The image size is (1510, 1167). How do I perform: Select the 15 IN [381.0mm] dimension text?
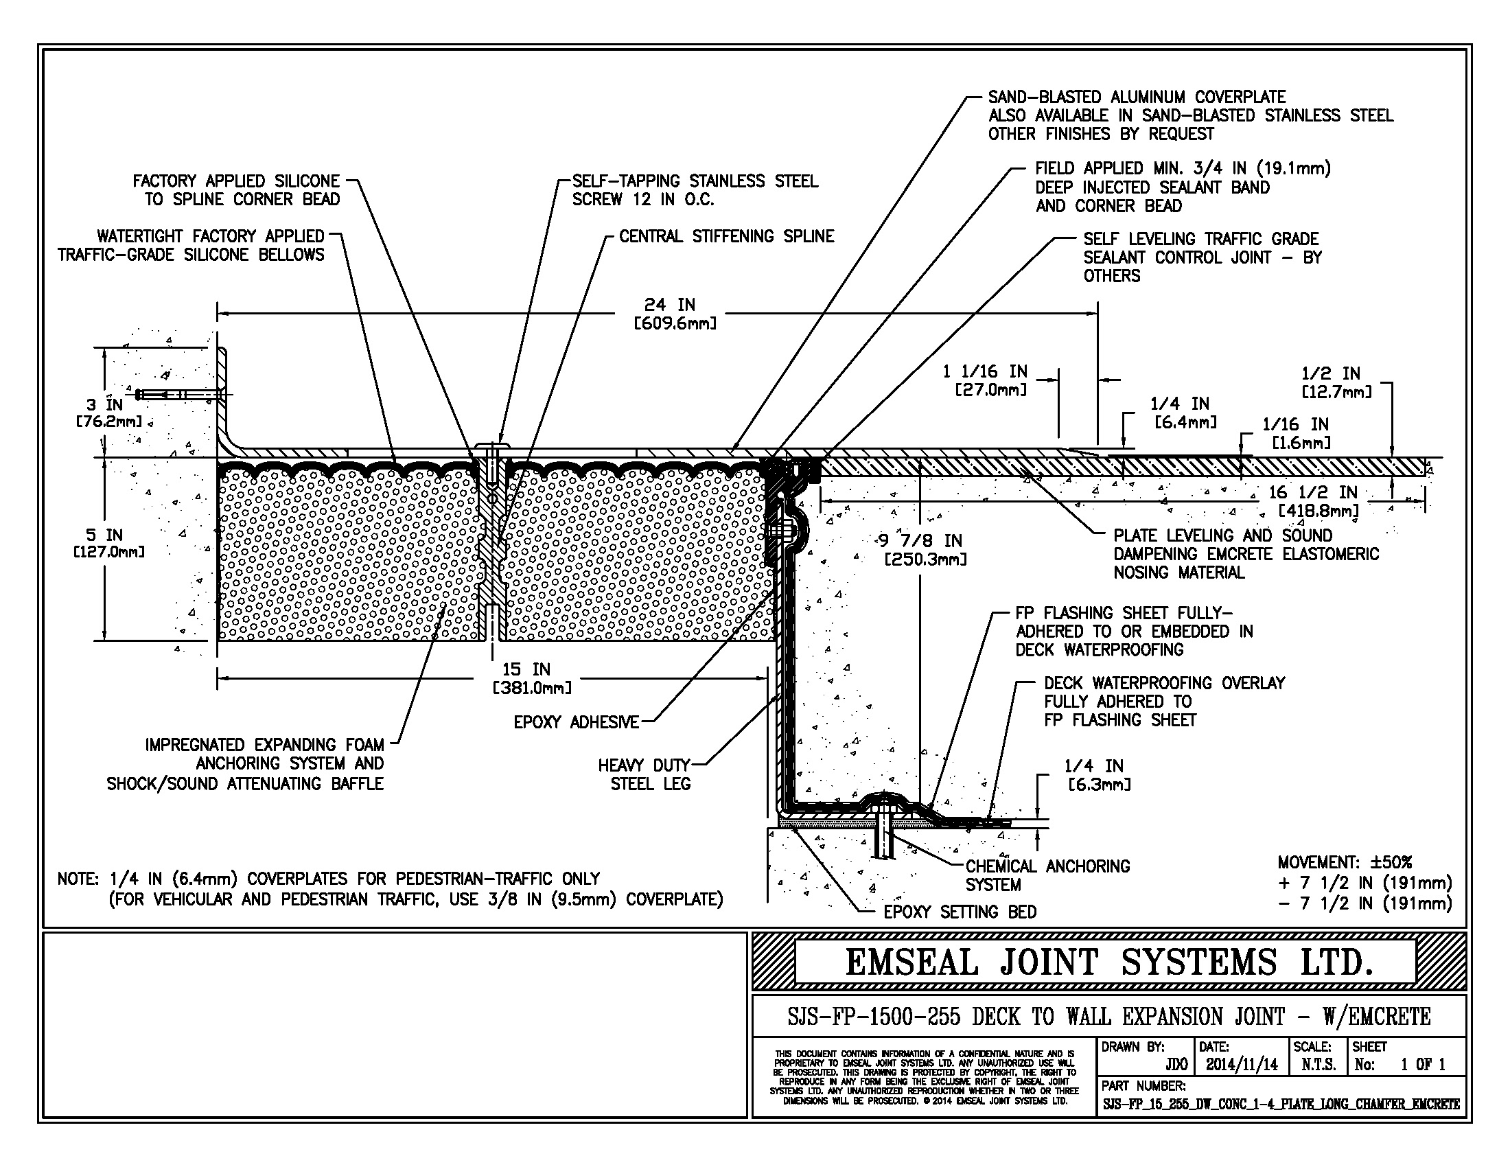532,678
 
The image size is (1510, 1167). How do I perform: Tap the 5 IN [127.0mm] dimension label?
108,544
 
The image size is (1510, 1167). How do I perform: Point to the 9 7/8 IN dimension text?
924,549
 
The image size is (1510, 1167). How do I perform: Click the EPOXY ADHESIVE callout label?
576,722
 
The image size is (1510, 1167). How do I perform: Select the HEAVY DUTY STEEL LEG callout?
644,774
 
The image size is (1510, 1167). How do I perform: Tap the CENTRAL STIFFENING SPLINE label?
727,236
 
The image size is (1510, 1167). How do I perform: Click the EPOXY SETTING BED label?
960,912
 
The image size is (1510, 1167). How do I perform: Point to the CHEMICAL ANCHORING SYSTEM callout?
1047,875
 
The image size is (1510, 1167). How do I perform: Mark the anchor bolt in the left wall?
181,395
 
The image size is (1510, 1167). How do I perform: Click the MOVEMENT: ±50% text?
1345,862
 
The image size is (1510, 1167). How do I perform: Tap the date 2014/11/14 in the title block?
1242,1065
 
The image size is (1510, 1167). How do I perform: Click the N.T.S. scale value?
1319,1065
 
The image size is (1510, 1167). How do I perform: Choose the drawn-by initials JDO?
1176,1065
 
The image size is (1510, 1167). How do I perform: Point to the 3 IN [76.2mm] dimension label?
108,413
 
